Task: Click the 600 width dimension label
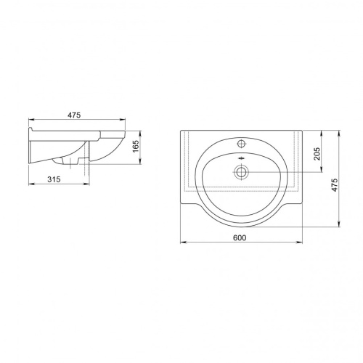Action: (240, 238)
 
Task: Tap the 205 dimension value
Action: (317, 154)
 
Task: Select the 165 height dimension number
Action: (136, 146)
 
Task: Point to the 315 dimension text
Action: (54, 179)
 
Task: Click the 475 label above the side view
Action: (74, 115)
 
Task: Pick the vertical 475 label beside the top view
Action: (334, 185)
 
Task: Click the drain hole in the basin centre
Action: (241, 172)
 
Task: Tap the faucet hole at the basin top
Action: (241, 143)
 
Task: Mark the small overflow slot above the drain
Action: (241, 158)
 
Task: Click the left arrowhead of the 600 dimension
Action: (183, 242)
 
